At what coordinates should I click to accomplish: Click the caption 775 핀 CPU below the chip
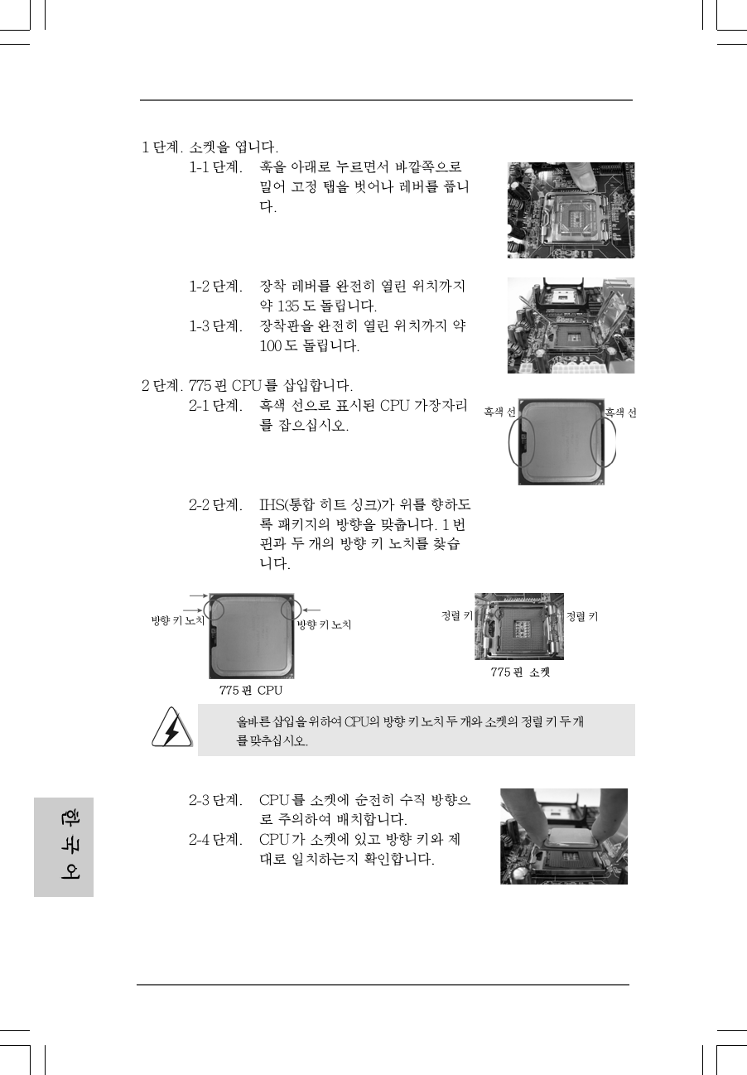pyautogui.click(x=251, y=690)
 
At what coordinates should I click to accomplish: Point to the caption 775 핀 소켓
pyautogui.click(x=520, y=672)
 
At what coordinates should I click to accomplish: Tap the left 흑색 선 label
pyautogui.click(x=500, y=412)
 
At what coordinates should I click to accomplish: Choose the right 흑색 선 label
pyautogui.click(x=620, y=412)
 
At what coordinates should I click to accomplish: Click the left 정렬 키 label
pyautogui.click(x=456, y=616)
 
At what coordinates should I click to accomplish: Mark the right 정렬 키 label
pyautogui.click(x=582, y=616)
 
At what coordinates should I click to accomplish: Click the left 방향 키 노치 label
pyautogui.click(x=177, y=622)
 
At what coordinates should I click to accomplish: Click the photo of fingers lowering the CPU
pyautogui.click(x=563, y=836)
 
